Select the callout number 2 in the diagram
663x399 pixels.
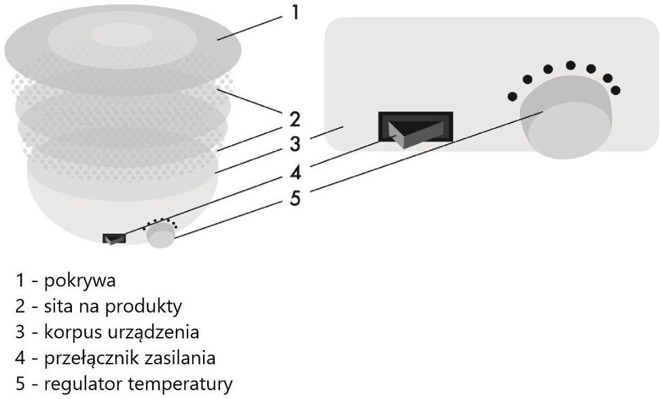tap(295, 120)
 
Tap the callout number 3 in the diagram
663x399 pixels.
tap(295, 144)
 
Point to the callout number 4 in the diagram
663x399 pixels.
tap(295, 173)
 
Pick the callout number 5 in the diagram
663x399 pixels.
tap(295, 198)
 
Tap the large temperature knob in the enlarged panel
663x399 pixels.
tap(566, 117)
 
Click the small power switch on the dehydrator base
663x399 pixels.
tap(114, 238)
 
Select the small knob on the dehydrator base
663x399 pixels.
tap(161, 235)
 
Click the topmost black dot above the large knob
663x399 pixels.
tap(571, 65)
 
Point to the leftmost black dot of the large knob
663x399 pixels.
tap(512, 97)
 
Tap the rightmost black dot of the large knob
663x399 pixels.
tap(615, 90)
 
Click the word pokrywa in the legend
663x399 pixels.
tap(79, 281)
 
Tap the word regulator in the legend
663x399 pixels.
tap(84, 384)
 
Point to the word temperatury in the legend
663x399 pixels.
tap(181, 384)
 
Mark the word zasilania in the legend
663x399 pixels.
tap(180, 358)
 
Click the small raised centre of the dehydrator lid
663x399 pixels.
tap(122, 35)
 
